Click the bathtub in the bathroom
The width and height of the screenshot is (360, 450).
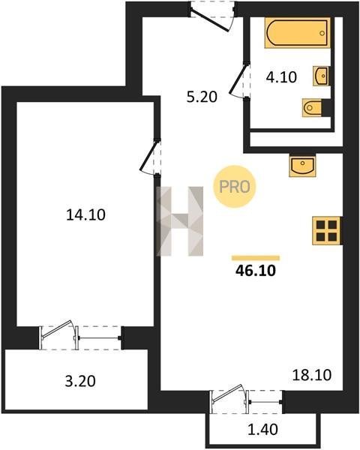click(x=297, y=33)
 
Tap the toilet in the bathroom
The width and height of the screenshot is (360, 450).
click(x=312, y=107)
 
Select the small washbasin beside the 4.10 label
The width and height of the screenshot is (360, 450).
click(x=321, y=76)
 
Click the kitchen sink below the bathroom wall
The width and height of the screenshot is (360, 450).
click(x=302, y=166)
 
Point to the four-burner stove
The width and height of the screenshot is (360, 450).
click(x=327, y=231)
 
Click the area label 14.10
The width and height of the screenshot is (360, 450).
click(x=85, y=214)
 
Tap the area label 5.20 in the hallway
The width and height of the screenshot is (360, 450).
click(x=202, y=97)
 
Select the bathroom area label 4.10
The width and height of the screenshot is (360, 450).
click(x=281, y=77)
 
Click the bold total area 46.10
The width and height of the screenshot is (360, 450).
click(x=256, y=270)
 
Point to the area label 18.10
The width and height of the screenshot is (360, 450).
click(x=312, y=375)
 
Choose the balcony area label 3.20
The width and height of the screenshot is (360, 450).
click(x=80, y=382)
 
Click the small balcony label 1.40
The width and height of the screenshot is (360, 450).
click(x=262, y=430)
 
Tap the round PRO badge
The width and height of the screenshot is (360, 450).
click(x=235, y=187)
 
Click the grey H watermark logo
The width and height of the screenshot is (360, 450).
click(x=179, y=221)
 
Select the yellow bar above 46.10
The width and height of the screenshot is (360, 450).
click(x=256, y=258)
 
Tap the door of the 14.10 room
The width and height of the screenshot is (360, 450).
click(x=150, y=157)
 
